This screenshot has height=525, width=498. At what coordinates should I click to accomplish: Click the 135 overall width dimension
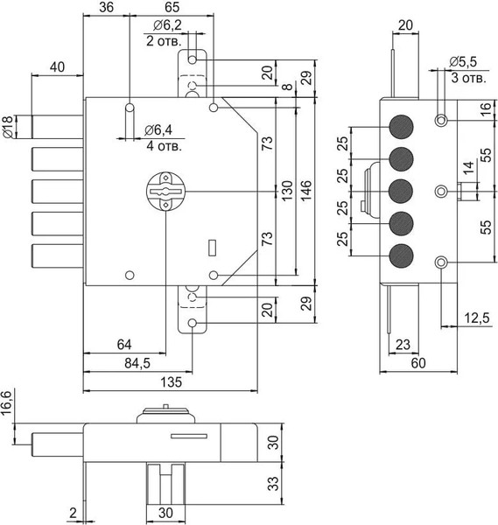pos(172,381)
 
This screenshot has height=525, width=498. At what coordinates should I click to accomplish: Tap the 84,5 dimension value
pos(137,363)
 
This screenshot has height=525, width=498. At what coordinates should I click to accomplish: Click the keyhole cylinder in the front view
pos(166,192)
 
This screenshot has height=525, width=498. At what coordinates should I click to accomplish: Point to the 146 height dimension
pos(306,191)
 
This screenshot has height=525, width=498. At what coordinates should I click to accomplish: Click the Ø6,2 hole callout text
pos(167,25)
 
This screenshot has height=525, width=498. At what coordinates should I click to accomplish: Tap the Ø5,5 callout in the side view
pos(463,62)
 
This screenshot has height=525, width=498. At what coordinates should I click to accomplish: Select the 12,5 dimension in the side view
pos(477,318)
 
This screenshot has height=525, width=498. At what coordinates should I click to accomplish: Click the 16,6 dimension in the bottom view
pos(7,402)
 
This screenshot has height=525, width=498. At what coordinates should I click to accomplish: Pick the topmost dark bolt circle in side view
pos(401,127)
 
